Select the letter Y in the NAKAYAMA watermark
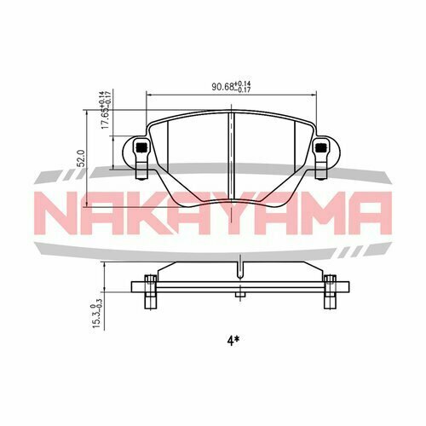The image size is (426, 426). (x=233, y=213)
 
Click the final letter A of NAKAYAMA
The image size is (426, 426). (x=368, y=213)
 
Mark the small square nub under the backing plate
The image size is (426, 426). (x=240, y=297)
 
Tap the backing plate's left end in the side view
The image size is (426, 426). (x=131, y=291)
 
